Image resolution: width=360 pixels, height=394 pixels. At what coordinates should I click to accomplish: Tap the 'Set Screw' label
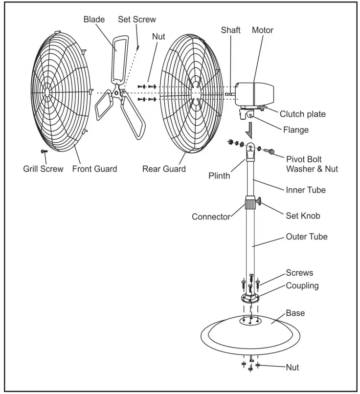[137, 19]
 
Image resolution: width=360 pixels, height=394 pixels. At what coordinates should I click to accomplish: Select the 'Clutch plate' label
[302, 114]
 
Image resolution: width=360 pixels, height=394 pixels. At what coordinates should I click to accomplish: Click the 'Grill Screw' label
[43, 169]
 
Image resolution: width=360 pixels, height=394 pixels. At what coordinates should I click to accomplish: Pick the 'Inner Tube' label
[306, 190]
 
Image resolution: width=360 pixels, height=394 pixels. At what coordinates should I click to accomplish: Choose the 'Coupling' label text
[302, 286]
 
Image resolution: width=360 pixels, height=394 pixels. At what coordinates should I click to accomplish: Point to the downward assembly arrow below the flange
[250, 130]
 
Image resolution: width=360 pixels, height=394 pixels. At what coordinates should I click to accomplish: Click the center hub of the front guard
[46, 91]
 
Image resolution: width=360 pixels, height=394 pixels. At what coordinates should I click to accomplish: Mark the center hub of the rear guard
[195, 92]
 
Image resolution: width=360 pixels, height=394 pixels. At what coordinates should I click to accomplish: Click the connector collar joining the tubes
[250, 203]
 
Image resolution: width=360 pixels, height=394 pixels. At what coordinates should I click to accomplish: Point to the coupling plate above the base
[250, 297]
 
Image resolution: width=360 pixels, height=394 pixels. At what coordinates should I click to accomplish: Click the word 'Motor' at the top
[262, 30]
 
